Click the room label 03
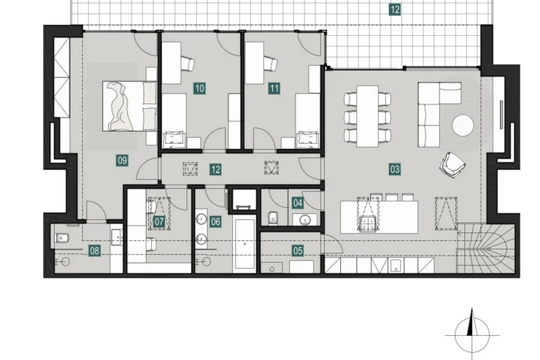tap(395, 169)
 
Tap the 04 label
tap(298, 203)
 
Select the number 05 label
tap(298, 250)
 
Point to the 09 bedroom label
tap(123, 161)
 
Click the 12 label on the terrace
tap(395, 9)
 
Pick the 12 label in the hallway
tap(215, 169)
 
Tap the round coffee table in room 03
tap(463, 125)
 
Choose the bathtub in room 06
tap(245, 244)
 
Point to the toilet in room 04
tap(273, 218)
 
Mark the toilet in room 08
tap(62, 238)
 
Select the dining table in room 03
tap(368, 116)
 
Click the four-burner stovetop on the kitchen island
tap(369, 223)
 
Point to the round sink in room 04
tap(304, 220)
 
